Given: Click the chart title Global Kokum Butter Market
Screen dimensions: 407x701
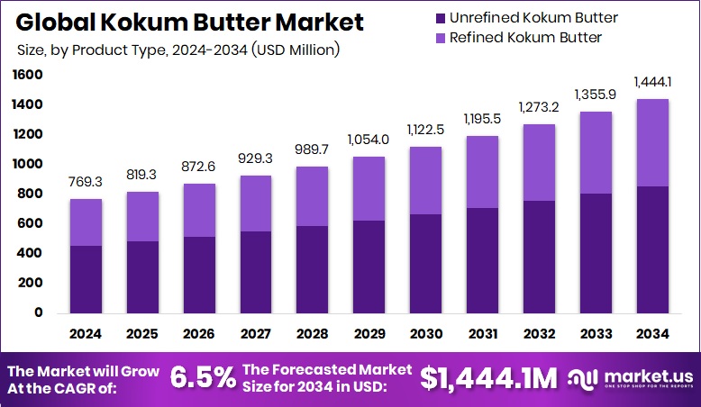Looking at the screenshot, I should point(188,22).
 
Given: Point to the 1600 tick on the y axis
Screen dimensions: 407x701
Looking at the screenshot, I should point(28,76).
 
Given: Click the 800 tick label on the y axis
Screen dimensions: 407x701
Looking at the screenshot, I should point(32,194).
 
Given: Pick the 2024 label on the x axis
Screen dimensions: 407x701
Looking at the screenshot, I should point(86,334).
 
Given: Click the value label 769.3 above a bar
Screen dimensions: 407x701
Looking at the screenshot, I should point(86,182).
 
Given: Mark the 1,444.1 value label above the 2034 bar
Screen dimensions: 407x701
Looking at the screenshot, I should point(652,82).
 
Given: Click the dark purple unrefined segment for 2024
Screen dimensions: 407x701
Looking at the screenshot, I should point(86,279).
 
